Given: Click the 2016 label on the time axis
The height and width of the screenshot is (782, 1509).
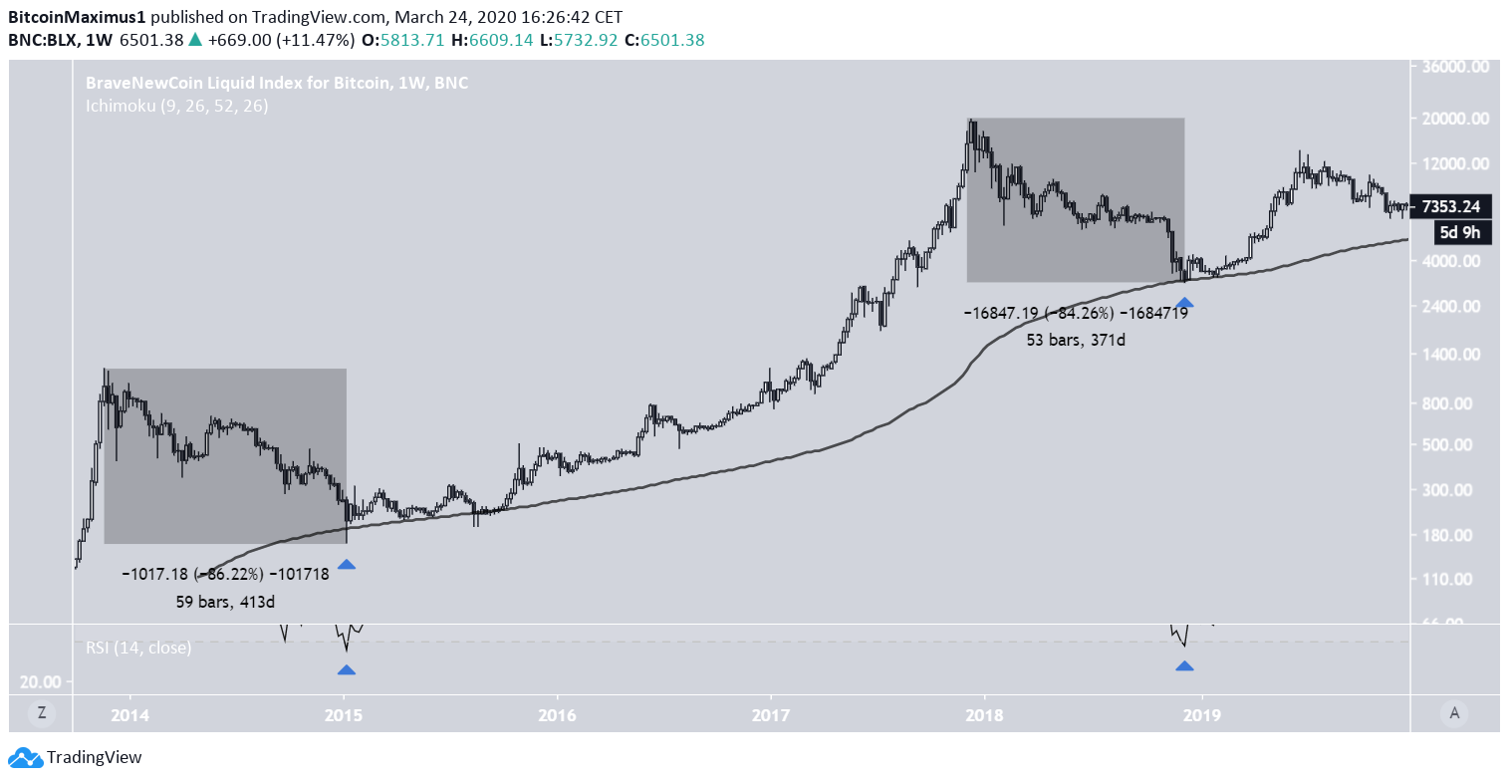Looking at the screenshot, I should pyautogui.click(x=557, y=714).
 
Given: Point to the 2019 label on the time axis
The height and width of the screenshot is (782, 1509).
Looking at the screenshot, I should pyautogui.click(x=1202, y=714).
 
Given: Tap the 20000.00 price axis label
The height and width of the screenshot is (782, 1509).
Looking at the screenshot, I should pyautogui.click(x=1455, y=119).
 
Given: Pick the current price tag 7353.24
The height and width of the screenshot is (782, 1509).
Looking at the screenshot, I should pyautogui.click(x=1451, y=207).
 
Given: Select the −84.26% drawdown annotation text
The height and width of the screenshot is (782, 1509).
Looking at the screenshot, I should pyautogui.click(x=1075, y=313).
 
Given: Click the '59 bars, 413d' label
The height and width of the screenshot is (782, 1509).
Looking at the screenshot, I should pyautogui.click(x=225, y=602).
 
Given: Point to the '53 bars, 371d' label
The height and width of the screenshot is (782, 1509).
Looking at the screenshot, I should pyautogui.click(x=1076, y=340).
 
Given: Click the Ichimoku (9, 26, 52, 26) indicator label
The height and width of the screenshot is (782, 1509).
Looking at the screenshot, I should pyautogui.click(x=176, y=106).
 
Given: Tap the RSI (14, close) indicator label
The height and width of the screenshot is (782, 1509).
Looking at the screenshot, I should pyautogui.click(x=138, y=648).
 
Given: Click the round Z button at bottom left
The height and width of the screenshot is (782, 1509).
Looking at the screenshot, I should pyautogui.click(x=42, y=712).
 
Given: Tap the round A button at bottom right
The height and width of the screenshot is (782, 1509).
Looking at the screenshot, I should pyautogui.click(x=1454, y=712).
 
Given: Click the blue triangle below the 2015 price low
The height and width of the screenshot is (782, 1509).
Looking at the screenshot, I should pyautogui.click(x=346, y=565).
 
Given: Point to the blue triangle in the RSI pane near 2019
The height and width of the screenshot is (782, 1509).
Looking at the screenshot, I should pyautogui.click(x=1184, y=665).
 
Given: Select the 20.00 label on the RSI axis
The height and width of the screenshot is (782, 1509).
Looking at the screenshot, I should pyautogui.click(x=41, y=682).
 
